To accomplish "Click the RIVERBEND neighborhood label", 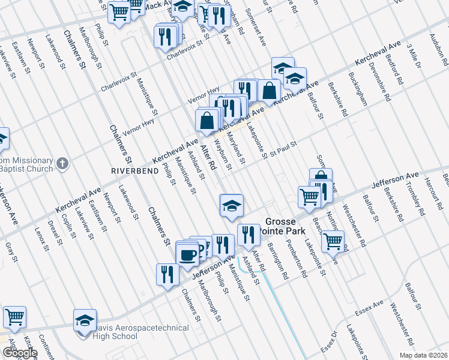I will pyautogui.click(x=135, y=171).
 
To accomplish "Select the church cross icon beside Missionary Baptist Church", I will pyautogui.click(x=62, y=163).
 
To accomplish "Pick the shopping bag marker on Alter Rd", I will pyautogui.click(x=206, y=120).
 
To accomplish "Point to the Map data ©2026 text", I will pyautogui.click(x=423, y=355).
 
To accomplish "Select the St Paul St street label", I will pyautogui.click(x=284, y=145).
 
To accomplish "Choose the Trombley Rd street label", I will pyautogui.click(x=414, y=201).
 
